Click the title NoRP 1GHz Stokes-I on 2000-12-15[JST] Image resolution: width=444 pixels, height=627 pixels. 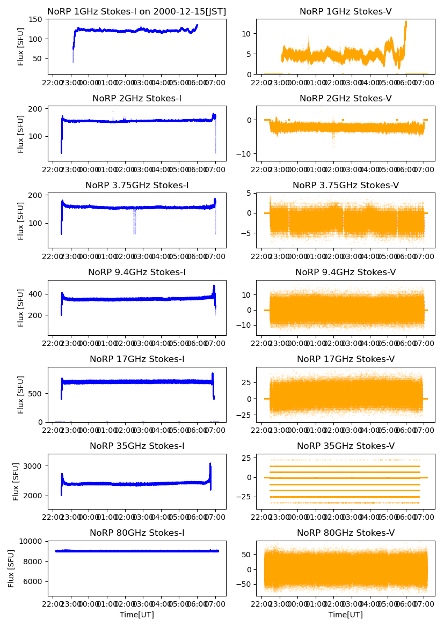point(136,11)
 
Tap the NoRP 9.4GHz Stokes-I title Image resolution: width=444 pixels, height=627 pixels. point(136,272)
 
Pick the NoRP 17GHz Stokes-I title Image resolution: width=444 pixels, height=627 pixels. point(136,359)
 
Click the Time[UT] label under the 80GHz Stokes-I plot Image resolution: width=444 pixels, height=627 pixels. point(136,615)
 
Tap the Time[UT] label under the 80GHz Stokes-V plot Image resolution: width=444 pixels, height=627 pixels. point(345,615)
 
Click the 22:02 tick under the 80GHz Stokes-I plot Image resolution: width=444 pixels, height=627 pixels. point(53,604)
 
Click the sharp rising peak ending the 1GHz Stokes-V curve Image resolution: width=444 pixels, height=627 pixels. point(405,23)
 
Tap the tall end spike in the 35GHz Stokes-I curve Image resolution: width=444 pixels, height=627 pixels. point(210,464)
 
